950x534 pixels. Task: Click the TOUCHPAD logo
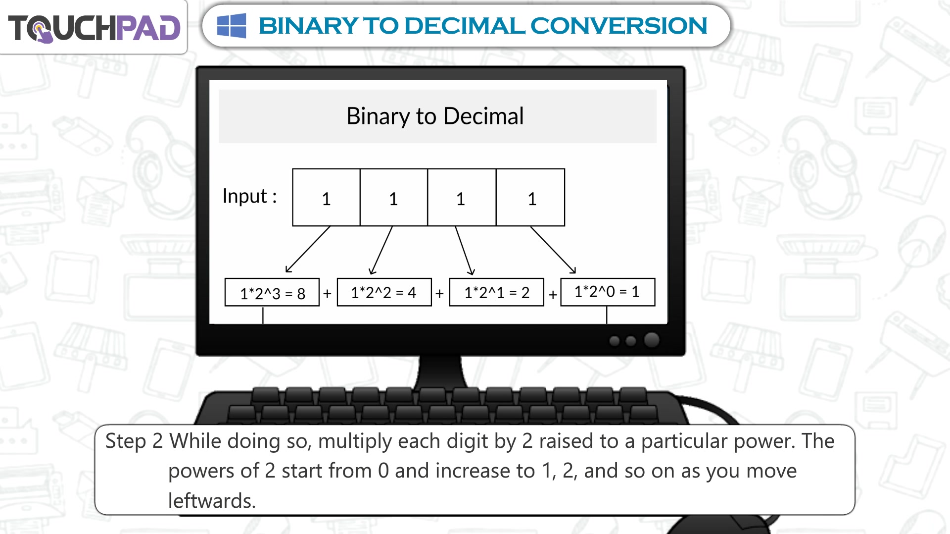(x=94, y=28)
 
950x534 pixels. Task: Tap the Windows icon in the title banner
(x=232, y=26)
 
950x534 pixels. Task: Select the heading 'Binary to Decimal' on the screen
(x=435, y=116)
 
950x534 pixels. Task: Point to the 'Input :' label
(x=250, y=196)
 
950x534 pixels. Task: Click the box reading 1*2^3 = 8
(x=272, y=292)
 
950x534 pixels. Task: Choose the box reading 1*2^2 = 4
(x=384, y=292)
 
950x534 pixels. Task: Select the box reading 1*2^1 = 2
(x=497, y=292)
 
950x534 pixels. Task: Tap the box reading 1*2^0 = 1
(x=608, y=292)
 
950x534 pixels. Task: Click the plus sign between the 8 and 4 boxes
(x=328, y=294)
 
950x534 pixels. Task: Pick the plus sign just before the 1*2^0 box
(x=553, y=295)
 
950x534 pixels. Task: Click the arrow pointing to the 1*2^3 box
(x=308, y=249)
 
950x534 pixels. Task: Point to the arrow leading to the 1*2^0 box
(x=553, y=250)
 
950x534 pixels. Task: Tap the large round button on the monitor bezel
(x=652, y=340)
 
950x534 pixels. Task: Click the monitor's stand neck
(x=440, y=372)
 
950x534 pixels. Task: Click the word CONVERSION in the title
(x=619, y=26)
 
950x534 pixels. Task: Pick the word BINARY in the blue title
(x=308, y=26)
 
